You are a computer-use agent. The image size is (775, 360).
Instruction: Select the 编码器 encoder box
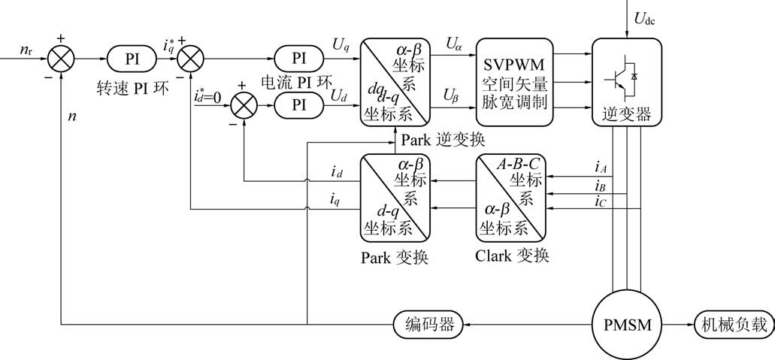428,325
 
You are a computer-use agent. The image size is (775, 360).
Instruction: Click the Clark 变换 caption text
512,255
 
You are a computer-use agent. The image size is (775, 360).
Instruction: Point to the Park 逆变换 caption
444,140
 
